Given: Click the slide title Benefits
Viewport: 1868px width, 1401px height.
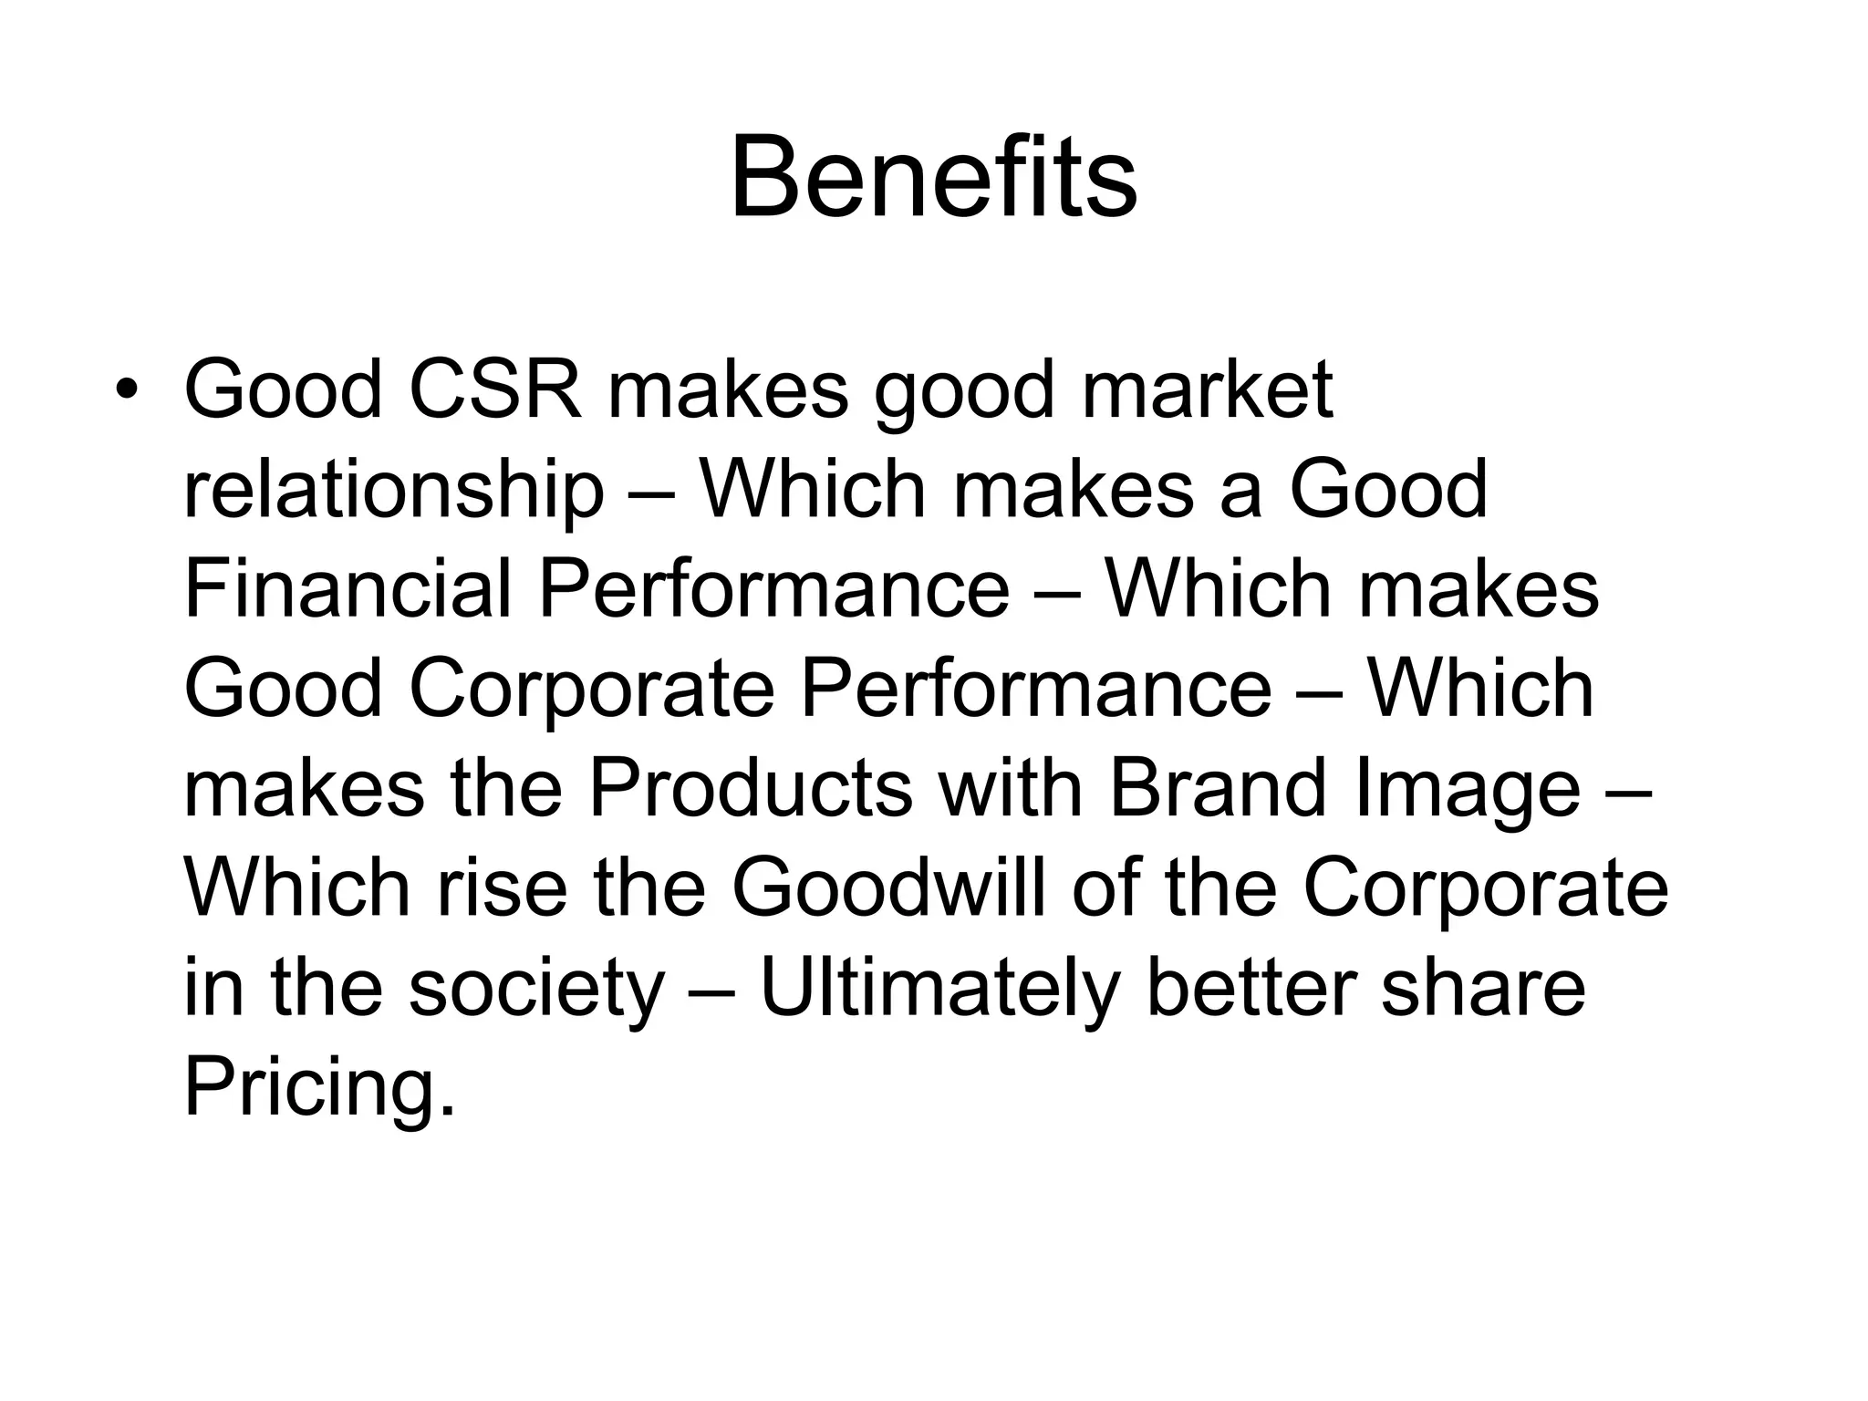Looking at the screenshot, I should click(933, 178).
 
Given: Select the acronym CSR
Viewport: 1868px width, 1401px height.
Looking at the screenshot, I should click(494, 389).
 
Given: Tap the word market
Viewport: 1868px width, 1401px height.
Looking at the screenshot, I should click(1207, 389).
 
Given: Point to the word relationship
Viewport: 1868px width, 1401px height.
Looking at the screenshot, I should click(393, 490).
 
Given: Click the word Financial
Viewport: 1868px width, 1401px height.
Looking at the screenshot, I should click(347, 589).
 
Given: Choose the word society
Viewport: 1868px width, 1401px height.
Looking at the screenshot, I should click(535, 990).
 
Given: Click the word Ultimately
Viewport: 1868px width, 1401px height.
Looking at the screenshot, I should click(939, 990).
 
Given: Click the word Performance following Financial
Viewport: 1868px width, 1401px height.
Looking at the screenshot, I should click(773, 589).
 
